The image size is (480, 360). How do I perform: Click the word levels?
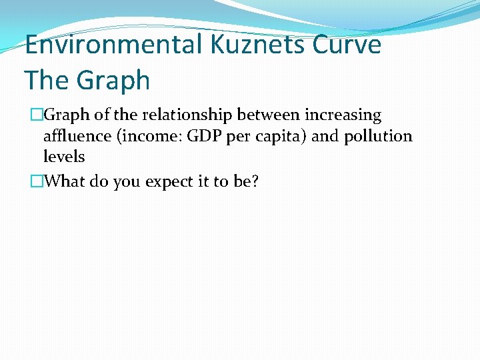pos(64,157)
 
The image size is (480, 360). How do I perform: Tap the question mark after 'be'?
pos(254,181)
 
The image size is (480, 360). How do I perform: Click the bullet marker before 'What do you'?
pos(37,181)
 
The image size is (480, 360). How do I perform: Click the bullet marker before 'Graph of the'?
pos(37,115)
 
